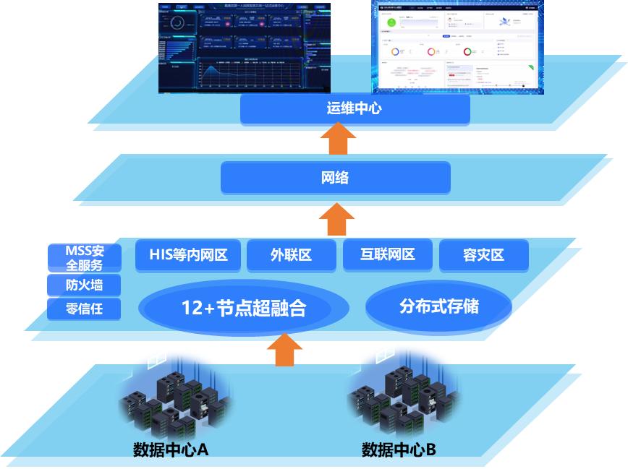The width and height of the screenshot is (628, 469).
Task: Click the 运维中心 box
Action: pos(355,109)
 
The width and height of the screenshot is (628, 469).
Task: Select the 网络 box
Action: pos(335,177)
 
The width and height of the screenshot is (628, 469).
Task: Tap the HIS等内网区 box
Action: pos(188,255)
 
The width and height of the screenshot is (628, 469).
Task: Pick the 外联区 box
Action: pos(292,255)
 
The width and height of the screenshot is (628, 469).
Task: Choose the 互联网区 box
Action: pos(388,255)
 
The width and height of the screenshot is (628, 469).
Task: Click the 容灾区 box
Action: pos(483,255)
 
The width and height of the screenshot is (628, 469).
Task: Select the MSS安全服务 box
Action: pos(85,257)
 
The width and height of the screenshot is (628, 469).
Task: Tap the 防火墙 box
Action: pos(85,285)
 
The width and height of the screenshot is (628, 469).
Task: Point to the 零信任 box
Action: pos(85,309)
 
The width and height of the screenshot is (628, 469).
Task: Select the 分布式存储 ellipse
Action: pos(438,306)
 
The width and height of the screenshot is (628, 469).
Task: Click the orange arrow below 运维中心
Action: pos(337,139)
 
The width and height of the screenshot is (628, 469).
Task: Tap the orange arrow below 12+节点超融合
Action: pos(284,350)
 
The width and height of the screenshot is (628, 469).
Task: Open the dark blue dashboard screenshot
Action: pos(245,48)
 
